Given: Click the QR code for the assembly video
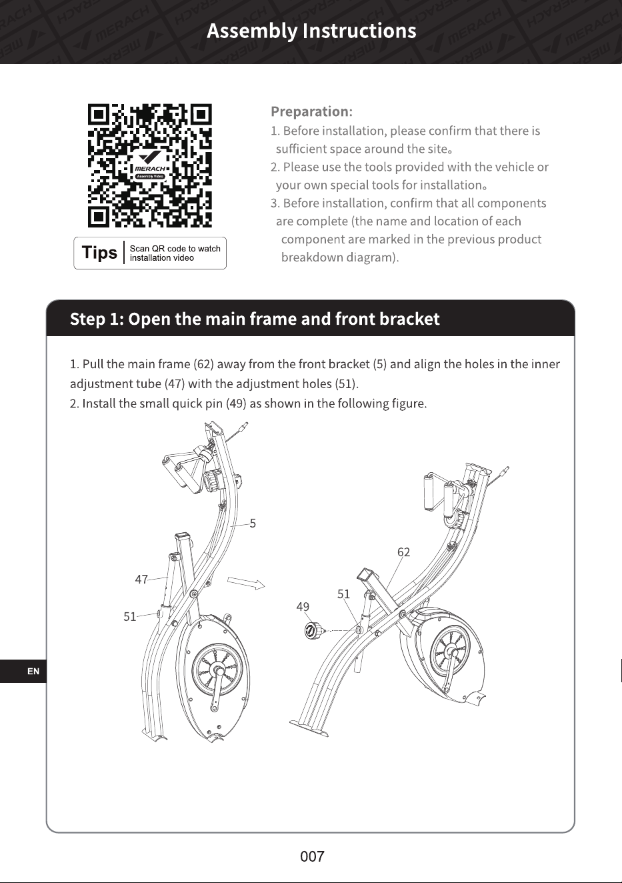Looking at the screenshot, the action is tap(150, 165).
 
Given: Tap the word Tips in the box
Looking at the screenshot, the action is tap(99, 253).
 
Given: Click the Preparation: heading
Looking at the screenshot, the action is tap(311, 111).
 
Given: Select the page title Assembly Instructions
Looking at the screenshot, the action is tap(311, 31).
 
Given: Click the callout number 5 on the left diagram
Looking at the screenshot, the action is tap(253, 524).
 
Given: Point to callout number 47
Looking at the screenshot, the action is tap(141, 580).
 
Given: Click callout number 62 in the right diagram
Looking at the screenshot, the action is tap(403, 552).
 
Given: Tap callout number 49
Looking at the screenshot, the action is tap(303, 606).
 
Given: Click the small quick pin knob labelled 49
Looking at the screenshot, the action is tap(313, 630).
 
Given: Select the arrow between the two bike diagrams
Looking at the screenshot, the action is tap(246, 583).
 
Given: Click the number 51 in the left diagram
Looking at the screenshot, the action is tap(130, 616).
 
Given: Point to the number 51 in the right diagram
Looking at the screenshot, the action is tap(344, 594).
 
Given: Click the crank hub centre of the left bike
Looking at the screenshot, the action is tap(217, 669).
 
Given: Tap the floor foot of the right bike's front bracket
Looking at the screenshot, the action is tap(309, 728).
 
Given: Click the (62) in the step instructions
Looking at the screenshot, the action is tap(203, 364).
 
